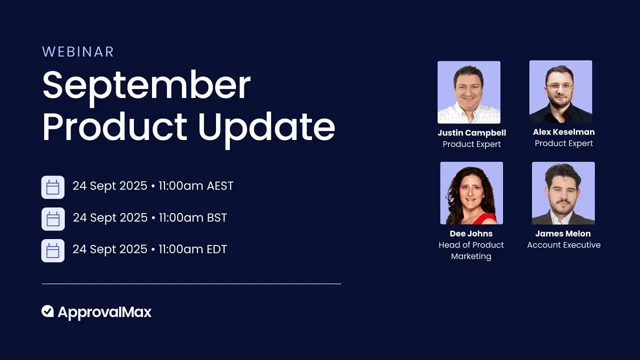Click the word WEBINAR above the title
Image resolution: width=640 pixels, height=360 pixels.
pos(78,51)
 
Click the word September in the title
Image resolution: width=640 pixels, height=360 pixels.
pos(146,85)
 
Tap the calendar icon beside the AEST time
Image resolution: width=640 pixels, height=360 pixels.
pos(53,187)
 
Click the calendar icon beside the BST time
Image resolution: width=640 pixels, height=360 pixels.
pos(53,219)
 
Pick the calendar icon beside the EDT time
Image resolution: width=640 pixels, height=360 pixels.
pos(53,250)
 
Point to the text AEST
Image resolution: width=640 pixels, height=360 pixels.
pos(220,186)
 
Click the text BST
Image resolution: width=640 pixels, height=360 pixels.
pos(216,218)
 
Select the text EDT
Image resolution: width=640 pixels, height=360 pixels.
pos(216,249)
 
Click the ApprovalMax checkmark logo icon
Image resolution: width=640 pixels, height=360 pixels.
pos(47,311)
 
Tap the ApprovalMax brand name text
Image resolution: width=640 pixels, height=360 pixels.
pos(104,312)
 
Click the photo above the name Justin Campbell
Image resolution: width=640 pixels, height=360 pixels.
pos(468,92)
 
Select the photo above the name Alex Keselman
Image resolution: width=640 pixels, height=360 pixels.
pos(560,91)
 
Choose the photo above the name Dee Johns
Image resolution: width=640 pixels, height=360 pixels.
pos(471,193)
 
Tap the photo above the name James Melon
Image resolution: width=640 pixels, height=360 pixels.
pos(563,193)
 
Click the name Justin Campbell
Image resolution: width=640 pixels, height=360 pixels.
pos(471,133)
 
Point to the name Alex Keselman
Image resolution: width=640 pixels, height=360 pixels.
pos(563,132)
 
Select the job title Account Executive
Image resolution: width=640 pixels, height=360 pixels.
pos(563,245)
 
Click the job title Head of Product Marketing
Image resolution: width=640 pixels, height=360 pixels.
pos(471,250)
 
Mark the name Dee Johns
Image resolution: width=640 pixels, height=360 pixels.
pos(471,233)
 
